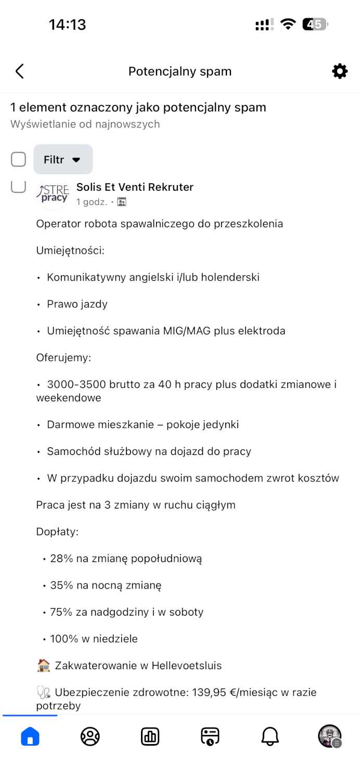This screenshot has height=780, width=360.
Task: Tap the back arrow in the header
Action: click(20, 71)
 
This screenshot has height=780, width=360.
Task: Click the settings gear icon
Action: click(340, 71)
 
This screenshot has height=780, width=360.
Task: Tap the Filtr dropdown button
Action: click(63, 160)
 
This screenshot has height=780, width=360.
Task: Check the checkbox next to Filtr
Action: click(19, 160)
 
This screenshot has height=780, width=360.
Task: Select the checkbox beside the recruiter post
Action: click(19, 186)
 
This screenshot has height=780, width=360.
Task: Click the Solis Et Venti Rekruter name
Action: click(135, 187)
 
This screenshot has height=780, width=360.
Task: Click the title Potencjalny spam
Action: click(180, 71)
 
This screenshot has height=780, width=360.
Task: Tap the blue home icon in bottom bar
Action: click(30, 736)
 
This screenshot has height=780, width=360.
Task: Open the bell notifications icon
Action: click(270, 736)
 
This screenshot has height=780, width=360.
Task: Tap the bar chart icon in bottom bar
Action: click(150, 736)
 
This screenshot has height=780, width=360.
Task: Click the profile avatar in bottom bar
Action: click(329, 736)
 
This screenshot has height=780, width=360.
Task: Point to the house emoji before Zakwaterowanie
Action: click(44, 666)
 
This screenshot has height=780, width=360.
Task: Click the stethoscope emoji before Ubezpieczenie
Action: click(44, 693)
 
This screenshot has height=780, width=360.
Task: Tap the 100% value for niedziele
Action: click(61, 639)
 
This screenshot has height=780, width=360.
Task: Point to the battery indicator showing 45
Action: click(315, 24)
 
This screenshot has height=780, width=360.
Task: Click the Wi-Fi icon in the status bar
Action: click(288, 24)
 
